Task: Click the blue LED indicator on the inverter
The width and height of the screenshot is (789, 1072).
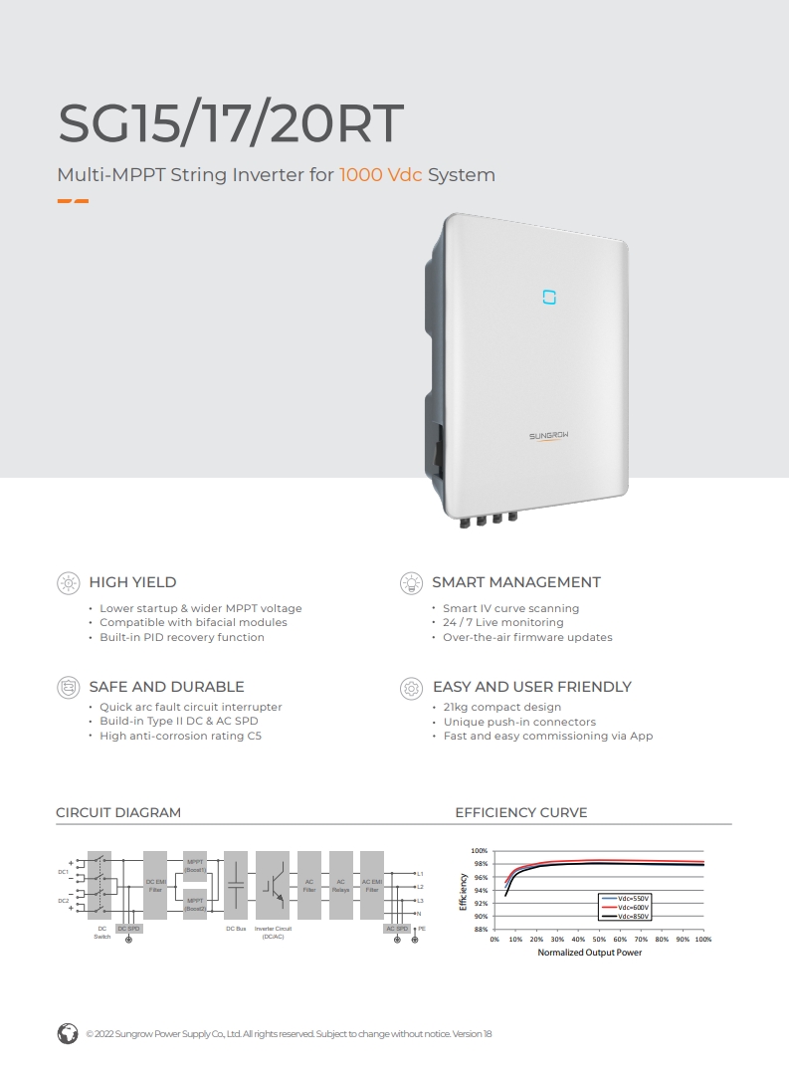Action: pyautogui.click(x=548, y=297)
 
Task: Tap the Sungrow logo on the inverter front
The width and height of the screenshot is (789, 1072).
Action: pyautogui.click(x=548, y=436)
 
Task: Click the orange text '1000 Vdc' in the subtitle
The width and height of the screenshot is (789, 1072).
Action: pyautogui.click(x=380, y=175)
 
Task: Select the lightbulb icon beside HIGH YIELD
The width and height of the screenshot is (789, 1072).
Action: pyautogui.click(x=68, y=582)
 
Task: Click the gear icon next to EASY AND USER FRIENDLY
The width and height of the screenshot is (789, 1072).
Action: pyautogui.click(x=411, y=687)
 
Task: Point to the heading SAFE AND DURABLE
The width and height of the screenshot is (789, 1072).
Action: pyautogui.click(x=166, y=687)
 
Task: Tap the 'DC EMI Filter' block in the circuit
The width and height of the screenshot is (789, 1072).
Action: pyautogui.click(x=155, y=885)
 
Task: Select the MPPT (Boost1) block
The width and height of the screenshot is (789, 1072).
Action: pyautogui.click(x=195, y=864)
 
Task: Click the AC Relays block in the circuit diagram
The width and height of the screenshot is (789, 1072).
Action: pyautogui.click(x=340, y=885)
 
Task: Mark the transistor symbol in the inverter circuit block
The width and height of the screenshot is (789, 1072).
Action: pyautogui.click(x=273, y=885)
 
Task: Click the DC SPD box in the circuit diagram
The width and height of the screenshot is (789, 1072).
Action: pyautogui.click(x=129, y=928)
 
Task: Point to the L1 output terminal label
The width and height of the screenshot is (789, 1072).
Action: pyautogui.click(x=420, y=873)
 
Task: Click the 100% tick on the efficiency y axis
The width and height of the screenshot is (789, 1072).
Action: pyautogui.click(x=480, y=851)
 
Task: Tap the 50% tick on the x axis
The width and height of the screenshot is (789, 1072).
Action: pyautogui.click(x=599, y=939)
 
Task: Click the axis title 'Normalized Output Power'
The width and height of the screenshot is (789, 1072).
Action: pyautogui.click(x=590, y=953)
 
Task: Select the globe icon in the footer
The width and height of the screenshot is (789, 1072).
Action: pyautogui.click(x=68, y=1033)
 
